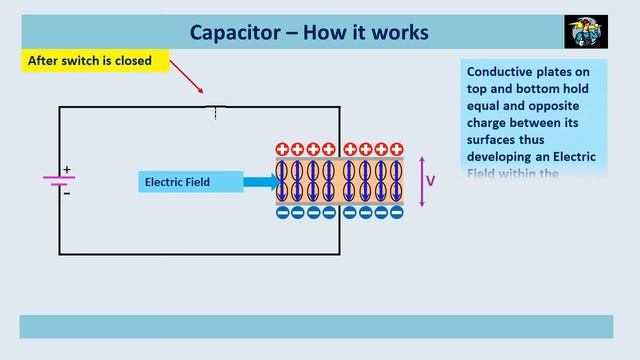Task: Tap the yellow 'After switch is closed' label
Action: (90, 61)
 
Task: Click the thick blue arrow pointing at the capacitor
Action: (259, 182)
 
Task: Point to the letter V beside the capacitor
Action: (431, 181)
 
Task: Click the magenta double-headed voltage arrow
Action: (422, 181)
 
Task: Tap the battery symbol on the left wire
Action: (59, 181)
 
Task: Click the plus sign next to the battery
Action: (68, 169)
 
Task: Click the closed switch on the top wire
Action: (215, 107)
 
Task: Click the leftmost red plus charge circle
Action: (283, 150)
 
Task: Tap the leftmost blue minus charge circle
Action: (283, 212)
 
